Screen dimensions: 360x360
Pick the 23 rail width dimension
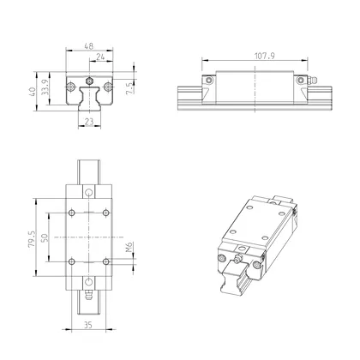pyautogui.click(x=88, y=122)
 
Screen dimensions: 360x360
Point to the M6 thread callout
pyautogui.click(x=129, y=249)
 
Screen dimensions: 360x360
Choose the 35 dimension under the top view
pyautogui.click(x=88, y=324)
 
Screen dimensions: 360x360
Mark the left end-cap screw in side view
pyautogui.click(x=208, y=81)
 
